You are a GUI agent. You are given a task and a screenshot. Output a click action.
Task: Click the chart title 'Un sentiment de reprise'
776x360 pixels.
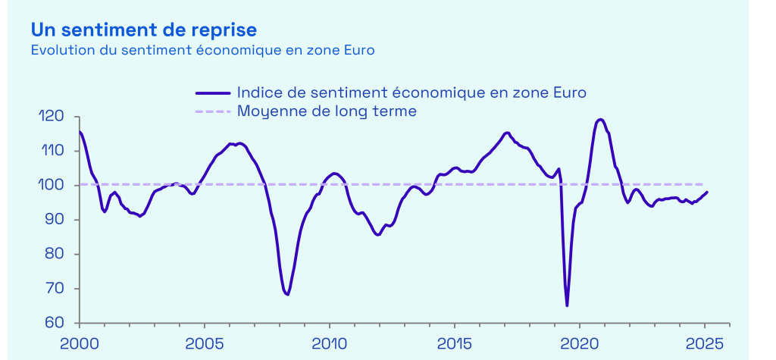(143, 30)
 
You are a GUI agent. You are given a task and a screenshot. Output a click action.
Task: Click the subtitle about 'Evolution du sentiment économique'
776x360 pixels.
(203, 51)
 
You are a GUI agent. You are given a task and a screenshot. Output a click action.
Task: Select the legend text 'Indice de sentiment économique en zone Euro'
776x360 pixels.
(411, 92)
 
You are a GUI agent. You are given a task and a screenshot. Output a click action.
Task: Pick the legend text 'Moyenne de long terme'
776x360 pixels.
(327, 111)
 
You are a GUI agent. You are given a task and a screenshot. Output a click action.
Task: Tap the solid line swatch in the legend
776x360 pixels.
(213, 93)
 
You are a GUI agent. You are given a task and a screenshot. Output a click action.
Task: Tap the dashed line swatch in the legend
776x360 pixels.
(213, 112)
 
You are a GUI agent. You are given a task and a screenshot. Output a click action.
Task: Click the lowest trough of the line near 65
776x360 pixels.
(567, 305)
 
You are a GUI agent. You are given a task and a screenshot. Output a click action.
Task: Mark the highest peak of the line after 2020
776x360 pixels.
(600, 119)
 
